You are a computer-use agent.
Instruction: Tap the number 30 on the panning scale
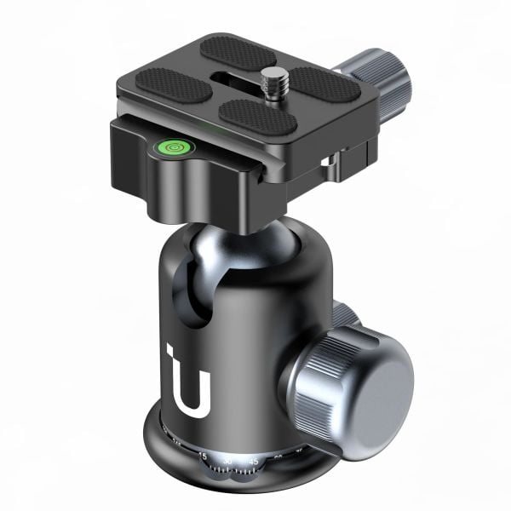pyautogui.click(x=227, y=461)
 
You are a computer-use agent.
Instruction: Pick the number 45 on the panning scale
pyautogui.click(x=254, y=461)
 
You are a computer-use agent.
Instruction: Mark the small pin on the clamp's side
pyautogui.click(x=325, y=160)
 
